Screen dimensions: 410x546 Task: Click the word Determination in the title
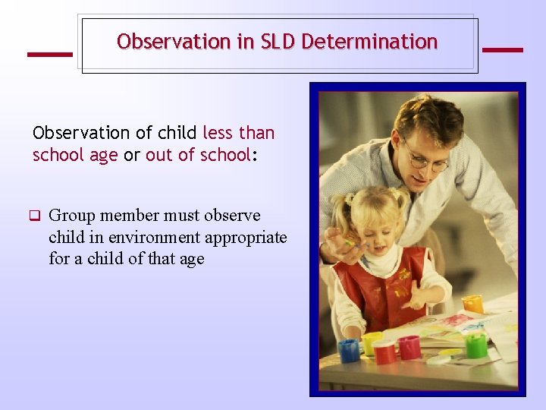click(369, 42)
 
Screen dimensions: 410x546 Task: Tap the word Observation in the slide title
click(174, 42)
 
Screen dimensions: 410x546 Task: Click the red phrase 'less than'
click(238, 133)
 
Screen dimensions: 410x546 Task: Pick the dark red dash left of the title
click(49, 54)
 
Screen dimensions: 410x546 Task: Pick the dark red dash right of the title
click(502, 50)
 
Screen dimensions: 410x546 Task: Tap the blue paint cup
click(349, 349)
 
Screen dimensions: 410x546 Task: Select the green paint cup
click(475, 345)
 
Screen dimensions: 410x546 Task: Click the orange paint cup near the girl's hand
click(472, 304)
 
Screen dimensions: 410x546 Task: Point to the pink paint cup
click(410, 347)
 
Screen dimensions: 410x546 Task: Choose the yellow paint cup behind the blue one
click(371, 342)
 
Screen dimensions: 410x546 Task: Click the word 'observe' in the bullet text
click(232, 216)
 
